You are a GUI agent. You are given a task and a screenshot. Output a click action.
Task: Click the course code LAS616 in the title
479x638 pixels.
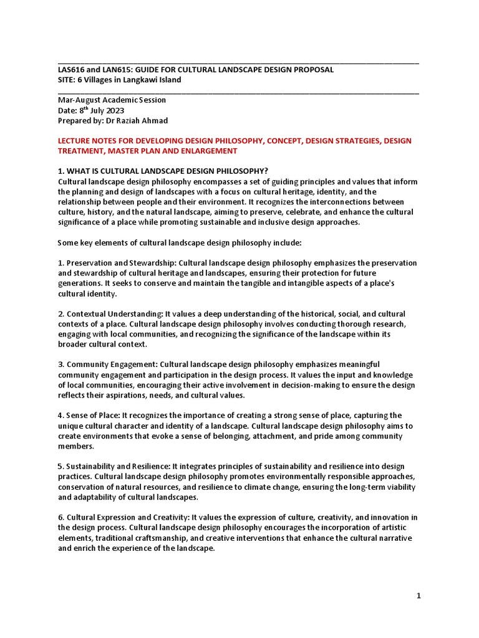pos(72,69)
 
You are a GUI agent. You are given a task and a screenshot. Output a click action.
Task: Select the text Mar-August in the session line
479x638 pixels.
pos(79,100)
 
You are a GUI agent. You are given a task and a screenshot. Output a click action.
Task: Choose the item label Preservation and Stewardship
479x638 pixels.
pos(115,263)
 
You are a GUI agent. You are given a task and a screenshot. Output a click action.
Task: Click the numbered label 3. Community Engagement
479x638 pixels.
pos(107,364)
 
